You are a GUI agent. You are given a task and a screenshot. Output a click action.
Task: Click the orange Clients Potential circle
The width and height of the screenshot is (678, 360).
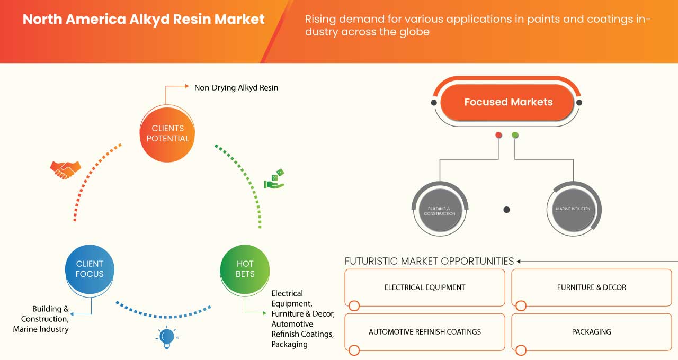[x=167, y=133]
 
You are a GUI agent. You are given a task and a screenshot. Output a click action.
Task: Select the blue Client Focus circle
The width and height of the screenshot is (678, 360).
[x=90, y=269]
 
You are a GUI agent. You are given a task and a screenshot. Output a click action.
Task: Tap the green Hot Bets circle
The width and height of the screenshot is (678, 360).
[x=245, y=269]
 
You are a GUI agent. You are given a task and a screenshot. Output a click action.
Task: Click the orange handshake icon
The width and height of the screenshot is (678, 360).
[x=65, y=169]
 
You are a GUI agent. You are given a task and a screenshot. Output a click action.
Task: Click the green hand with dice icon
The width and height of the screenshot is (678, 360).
[x=274, y=179]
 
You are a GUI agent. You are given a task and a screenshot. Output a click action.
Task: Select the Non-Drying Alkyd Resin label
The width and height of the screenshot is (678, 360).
[x=236, y=88]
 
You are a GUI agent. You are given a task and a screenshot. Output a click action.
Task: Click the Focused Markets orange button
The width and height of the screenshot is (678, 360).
[x=508, y=102]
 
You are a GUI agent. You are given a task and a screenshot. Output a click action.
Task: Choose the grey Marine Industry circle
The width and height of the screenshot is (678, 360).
[x=573, y=209]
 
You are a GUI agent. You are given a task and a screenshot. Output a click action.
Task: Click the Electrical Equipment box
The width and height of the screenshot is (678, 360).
[x=424, y=287]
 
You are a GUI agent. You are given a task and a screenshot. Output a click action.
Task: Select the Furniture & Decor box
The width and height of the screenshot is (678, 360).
[x=591, y=287]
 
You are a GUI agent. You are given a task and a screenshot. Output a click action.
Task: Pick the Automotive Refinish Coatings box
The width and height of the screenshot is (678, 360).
[x=424, y=332]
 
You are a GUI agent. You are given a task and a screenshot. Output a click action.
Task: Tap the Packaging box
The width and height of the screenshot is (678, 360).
[x=591, y=332]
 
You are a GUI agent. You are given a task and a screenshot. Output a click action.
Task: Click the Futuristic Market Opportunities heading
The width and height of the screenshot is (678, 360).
[x=429, y=261]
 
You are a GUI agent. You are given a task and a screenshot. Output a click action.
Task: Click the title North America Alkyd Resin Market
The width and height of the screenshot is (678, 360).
[x=144, y=20]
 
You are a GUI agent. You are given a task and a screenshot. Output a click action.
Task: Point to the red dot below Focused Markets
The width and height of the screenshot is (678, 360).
[x=498, y=136]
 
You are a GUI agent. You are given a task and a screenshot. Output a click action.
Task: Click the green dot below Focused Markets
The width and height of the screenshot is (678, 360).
[x=515, y=136]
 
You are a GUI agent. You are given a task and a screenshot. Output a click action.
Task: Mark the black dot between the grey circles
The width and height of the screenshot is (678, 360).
[x=506, y=210]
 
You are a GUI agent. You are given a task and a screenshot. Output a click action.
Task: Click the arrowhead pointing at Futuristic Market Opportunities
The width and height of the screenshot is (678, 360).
[x=519, y=261]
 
